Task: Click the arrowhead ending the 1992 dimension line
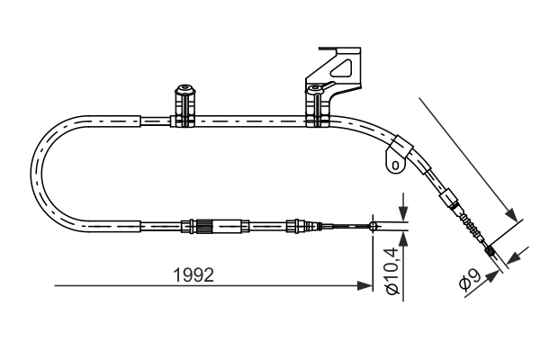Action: coord(366,286)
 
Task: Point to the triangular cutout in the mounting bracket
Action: coord(343,65)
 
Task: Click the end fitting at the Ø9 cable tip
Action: coord(493,255)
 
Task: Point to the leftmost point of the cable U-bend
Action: coord(32,171)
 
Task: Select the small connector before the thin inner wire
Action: coord(294,225)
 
